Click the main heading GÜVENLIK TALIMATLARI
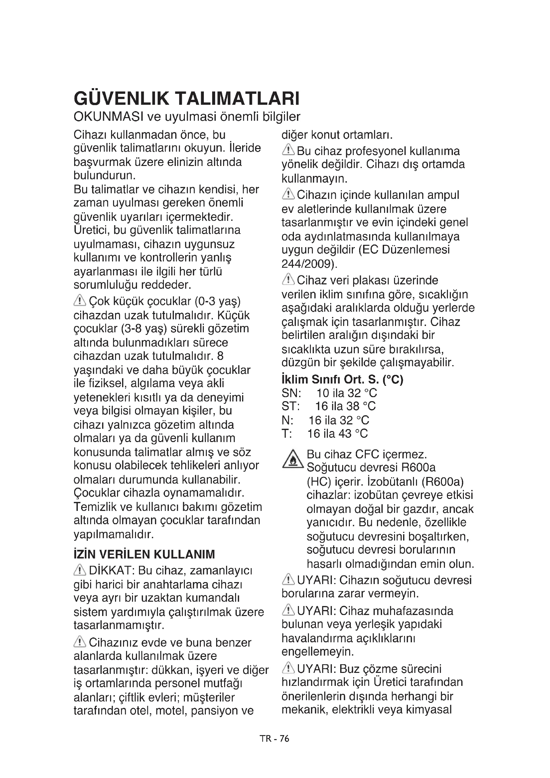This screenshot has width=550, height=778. coord(187,98)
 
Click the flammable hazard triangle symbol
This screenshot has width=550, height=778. coord(293,460)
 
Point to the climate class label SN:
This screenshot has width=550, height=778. coord(291,393)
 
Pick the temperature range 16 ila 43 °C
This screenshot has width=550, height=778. coord(337,433)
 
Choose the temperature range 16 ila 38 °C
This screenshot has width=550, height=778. coord(345,406)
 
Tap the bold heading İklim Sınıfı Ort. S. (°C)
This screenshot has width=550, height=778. coord(342,379)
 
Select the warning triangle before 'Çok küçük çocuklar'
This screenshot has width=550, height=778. coord(80,300)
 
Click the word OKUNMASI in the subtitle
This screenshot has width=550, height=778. coord(108,117)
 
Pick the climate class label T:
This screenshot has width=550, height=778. coord(287,433)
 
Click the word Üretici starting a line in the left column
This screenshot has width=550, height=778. coord(91,230)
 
